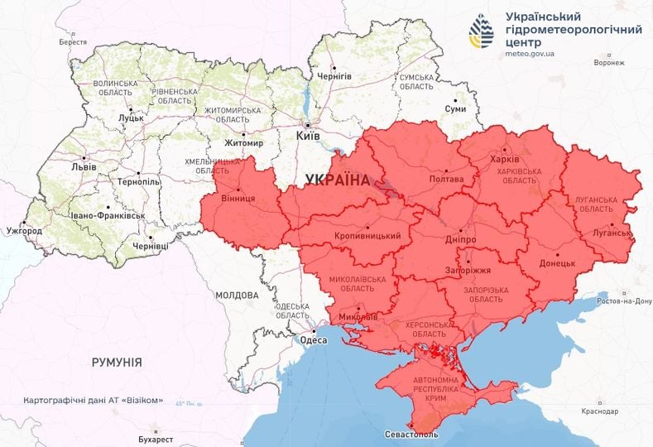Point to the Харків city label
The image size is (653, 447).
pyautogui.click(x=506, y=159)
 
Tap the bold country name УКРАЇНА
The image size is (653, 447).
pyautogui.click(x=338, y=180)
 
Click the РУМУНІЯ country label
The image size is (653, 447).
pyautogui.click(x=116, y=363)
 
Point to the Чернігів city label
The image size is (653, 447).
pyautogui.click(x=334, y=76)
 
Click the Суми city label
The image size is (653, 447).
pyautogui.click(x=454, y=109)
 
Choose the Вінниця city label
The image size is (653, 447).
pyautogui.click(x=238, y=199)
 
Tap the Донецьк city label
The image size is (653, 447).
pyautogui.click(x=557, y=263)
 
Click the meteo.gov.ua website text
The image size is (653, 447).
pyautogui.click(x=529, y=53)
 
